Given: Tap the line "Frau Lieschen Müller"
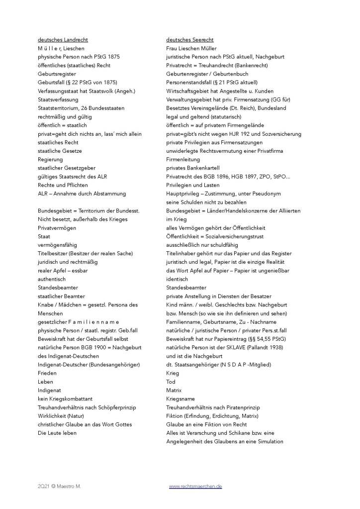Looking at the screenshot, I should [191, 48].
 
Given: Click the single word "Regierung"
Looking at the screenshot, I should [50, 160].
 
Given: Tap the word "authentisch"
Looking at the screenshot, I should [52, 280].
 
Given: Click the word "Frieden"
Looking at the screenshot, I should [48, 373].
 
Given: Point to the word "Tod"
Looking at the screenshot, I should [171, 382].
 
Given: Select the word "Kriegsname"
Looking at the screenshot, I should [180, 399].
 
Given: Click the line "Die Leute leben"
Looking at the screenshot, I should [57, 433].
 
